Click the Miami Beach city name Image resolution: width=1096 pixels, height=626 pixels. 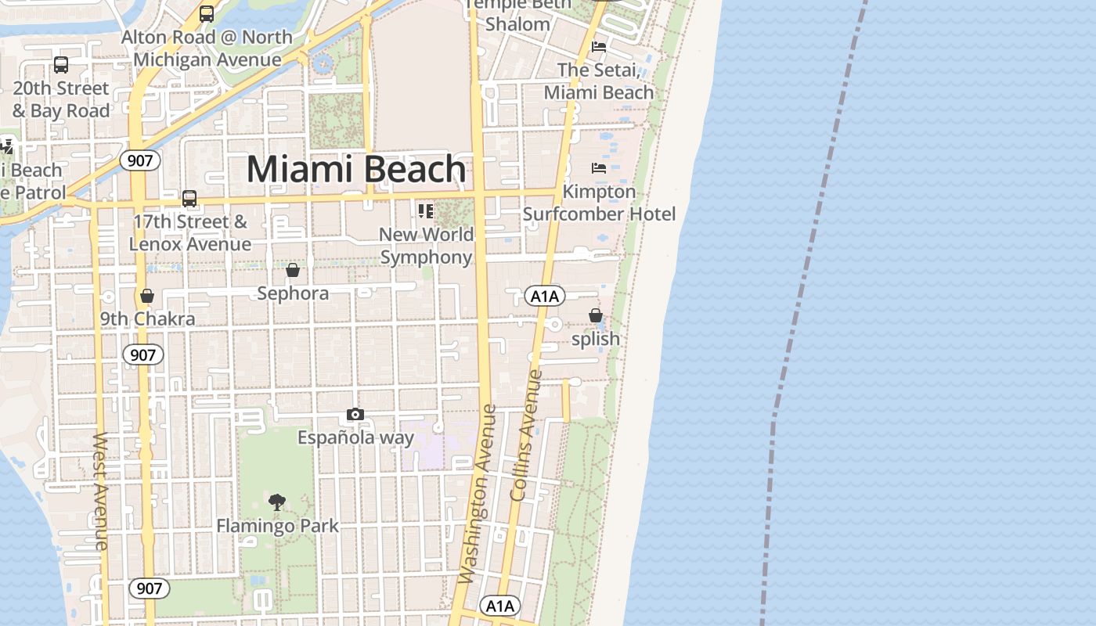pos(357,170)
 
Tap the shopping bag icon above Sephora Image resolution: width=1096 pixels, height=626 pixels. pos(293,270)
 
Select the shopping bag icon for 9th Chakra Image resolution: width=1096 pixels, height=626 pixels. pos(146,296)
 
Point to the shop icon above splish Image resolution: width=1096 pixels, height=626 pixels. pos(596,315)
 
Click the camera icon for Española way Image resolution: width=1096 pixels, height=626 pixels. pos(355,414)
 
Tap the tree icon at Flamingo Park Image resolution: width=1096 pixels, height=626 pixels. pos(276,502)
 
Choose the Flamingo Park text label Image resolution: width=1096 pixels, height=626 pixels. pos(278,525)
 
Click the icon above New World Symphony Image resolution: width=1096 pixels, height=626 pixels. pos(426,210)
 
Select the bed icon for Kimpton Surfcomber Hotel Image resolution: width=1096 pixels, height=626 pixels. pos(599,167)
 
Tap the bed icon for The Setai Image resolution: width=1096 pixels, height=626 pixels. pos(599,47)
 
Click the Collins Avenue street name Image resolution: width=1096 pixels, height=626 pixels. pos(526,435)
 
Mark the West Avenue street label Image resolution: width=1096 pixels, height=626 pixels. pos(101,491)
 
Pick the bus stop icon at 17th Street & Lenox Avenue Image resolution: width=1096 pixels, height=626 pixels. pos(189,198)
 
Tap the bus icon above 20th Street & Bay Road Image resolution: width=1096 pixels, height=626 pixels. pos(61,65)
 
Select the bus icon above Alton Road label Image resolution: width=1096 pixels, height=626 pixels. pos(207,13)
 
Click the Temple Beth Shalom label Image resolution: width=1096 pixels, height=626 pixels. pos(517,15)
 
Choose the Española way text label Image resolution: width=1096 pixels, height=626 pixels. pos(355,437)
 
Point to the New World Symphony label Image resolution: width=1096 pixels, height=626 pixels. pos(427,246)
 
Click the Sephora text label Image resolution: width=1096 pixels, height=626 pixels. pos(294,293)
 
